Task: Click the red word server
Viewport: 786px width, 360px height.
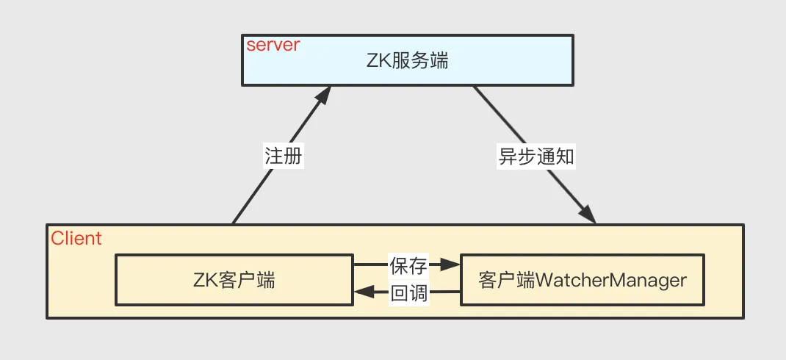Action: tap(273, 45)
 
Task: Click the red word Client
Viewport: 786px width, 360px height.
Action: tap(76, 239)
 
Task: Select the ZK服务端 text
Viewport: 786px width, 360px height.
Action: tap(407, 61)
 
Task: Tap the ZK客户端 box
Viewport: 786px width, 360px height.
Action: tap(234, 280)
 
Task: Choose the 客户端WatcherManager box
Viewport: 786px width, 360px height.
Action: tap(582, 280)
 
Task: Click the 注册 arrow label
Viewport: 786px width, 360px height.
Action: tap(284, 156)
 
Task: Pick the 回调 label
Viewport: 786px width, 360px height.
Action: tap(409, 295)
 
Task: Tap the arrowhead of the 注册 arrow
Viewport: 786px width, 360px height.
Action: tap(323, 96)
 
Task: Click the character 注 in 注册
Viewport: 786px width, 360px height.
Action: tap(274, 156)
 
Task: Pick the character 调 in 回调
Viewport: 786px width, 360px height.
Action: tap(419, 295)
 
